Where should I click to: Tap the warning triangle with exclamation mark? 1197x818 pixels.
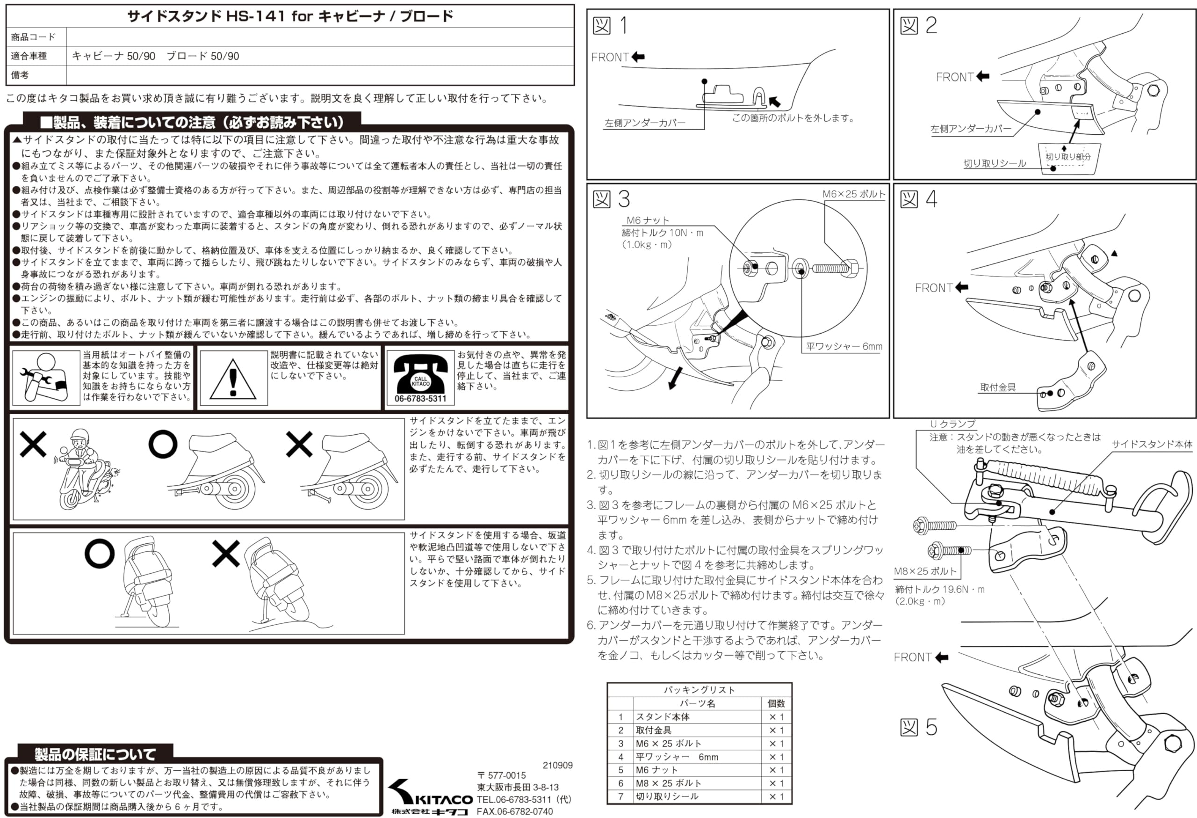pyautogui.click(x=233, y=379)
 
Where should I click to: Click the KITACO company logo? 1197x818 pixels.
pyautogui.click(x=430, y=796)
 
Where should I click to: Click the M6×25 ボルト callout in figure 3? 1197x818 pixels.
pyautogui.click(x=853, y=194)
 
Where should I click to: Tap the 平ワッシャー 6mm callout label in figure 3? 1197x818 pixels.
pyautogui.click(x=844, y=346)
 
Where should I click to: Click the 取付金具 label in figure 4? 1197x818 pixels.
pyautogui.click(x=998, y=387)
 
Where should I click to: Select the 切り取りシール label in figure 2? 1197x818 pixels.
pyautogui.click(x=995, y=163)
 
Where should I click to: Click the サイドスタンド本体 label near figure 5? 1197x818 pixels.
pyautogui.click(x=1152, y=444)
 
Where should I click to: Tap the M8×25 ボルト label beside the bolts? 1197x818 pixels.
pyautogui.click(x=925, y=571)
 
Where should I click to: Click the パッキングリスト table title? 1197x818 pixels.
pyautogui.click(x=699, y=690)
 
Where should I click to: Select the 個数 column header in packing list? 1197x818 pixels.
pyautogui.click(x=776, y=703)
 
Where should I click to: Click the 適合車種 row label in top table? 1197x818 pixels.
pyautogui.click(x=29, y=56)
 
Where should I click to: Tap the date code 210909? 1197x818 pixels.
pyautogui.click(x=557, y=766)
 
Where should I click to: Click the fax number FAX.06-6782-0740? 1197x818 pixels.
pyautogui.click(x=514, y=811)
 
